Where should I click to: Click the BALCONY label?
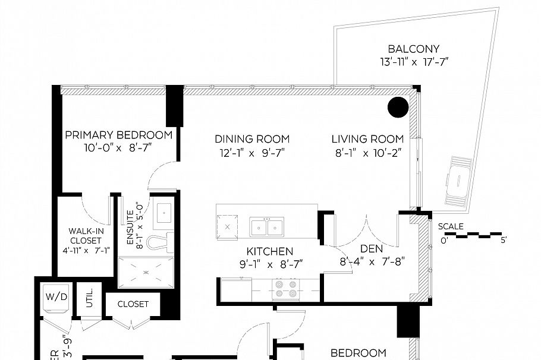click(x=413, y=49)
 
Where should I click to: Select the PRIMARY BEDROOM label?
click(x=119, y=135)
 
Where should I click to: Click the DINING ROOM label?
click(x=252, y=139)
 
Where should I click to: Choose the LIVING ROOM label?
click(x=367, y=139)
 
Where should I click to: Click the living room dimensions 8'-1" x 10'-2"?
click(x=367, y=152)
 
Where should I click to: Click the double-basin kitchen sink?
click(x=267, y=227)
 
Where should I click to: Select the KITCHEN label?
click(x=270, y=251)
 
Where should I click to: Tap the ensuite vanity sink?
click(x=163, y=212)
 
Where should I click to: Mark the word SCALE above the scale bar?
click(x=451, y=226)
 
